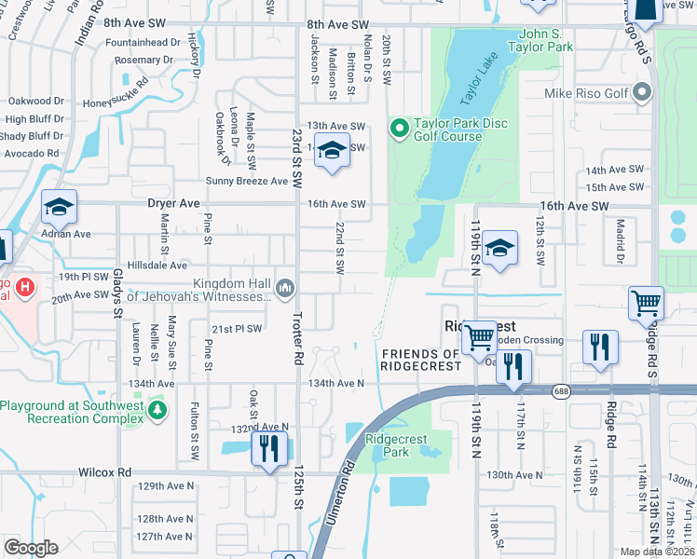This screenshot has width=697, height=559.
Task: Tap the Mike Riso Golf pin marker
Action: (x=641, y=93)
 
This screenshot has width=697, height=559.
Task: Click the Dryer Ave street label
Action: (x=173, y=202)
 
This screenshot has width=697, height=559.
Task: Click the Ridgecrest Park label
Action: (x=397, y=445)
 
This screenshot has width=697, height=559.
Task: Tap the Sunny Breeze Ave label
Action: (x=230, y=181)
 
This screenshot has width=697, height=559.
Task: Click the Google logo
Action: (x=31, y=547)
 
